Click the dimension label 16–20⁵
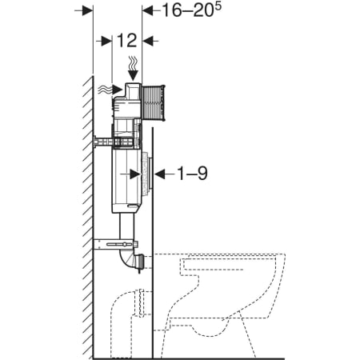[x=192, y=10]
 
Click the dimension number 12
[x=127, y=41]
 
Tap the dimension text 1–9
[x=192, y=174]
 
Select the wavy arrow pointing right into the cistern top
[x=110, y=90]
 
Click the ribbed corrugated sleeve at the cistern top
[x=154, y=103]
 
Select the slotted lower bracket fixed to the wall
[x=116, y=244]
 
